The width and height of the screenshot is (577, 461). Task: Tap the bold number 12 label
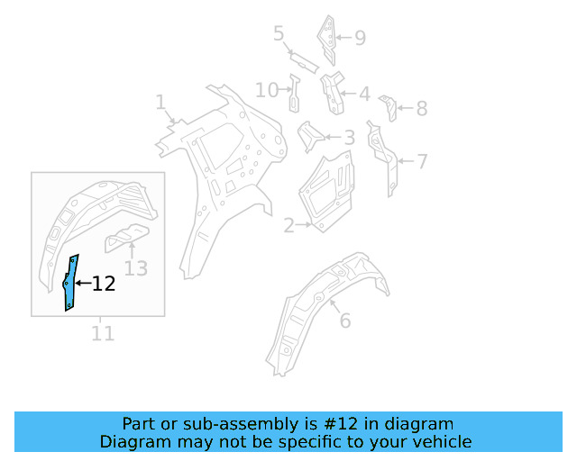point(104,285)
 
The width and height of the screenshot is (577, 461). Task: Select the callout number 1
point(160,102)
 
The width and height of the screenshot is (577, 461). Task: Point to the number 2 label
point(288,226)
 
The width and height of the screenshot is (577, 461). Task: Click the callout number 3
point(349,139)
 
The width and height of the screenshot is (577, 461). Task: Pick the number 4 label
point(363,94)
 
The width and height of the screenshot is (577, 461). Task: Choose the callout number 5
point(279,34)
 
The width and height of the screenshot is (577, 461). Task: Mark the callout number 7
point(422,162)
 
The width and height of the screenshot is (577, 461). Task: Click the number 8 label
point(421,109)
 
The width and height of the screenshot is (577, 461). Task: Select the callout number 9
point(360,38)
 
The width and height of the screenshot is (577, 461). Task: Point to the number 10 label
point(267,90)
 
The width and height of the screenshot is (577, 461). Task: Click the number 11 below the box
point(103,333)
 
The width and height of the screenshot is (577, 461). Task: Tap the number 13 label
point(135,267)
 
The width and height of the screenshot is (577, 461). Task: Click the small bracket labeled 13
point(125,237)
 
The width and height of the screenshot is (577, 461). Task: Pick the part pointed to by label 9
point(327,36)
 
